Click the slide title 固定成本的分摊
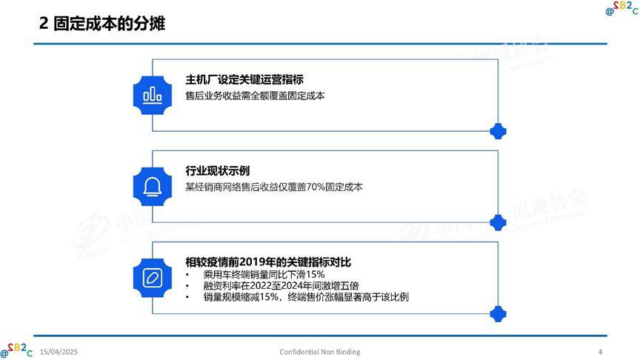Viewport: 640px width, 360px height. click(109, 23)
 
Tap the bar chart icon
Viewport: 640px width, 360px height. click(153, 96)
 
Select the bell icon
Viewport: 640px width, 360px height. click(153, 187)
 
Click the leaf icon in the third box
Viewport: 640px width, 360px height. click(153, 278)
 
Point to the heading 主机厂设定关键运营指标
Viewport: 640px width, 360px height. click(244, 79)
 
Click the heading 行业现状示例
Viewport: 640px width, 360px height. click(218, 170)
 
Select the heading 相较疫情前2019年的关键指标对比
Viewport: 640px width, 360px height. click(268, 262)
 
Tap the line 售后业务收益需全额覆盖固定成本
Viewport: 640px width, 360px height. click(255, 96)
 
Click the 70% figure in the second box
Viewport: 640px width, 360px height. click(316, 187)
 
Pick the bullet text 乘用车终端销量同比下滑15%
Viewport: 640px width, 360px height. click(264, 274)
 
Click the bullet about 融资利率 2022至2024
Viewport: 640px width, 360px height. click(281, 286)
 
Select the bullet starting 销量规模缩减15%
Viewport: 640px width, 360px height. click(306, 297)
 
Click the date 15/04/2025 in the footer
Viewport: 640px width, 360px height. click(59, 352)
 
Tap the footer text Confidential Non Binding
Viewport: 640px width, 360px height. click(320, 352)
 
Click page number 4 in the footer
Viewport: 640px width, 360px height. click(600, 352)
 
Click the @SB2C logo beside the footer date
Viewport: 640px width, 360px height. click(16, 350)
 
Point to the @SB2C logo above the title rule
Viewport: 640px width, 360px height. click(622, 7)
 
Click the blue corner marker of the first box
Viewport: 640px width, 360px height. click(498, 131)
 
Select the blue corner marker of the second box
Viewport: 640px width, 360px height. click(498, 222)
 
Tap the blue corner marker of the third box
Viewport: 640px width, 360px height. click(498, 314)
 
